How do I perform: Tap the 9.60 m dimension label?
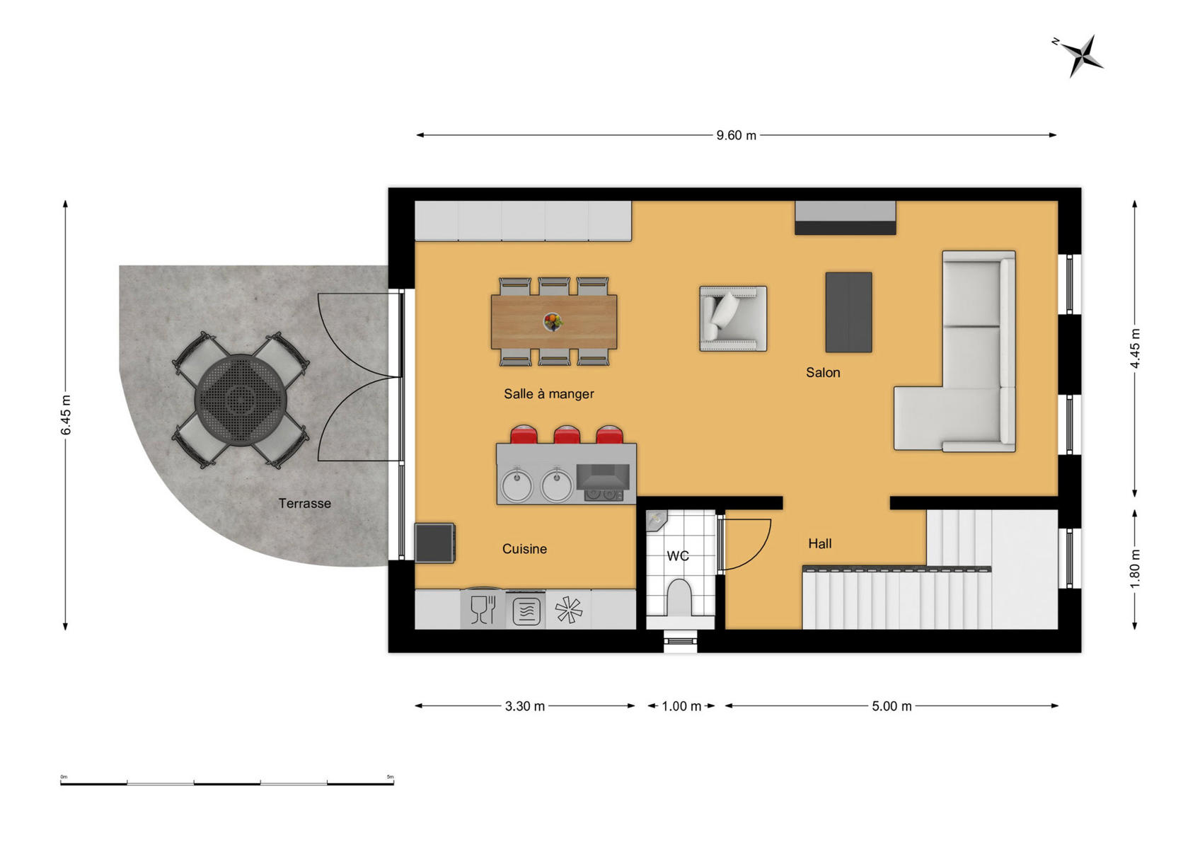[736, 136]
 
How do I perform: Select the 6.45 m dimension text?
[65, 415]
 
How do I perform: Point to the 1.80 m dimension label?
[1135, 568]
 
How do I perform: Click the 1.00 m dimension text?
[681, 706]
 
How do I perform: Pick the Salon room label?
[823, 372]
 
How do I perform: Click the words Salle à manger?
[548, 393]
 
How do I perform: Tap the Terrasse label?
[304, 504]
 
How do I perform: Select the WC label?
[678, 556]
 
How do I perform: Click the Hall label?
[819, 543]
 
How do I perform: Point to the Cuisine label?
[524, 548]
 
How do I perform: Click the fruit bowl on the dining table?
[553, 322]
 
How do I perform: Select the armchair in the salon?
[733, 318]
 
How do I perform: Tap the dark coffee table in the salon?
[848, 312]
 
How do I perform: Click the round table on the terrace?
[241, 400]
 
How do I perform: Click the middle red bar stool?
[567, 434]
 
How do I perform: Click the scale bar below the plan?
[227, 783]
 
